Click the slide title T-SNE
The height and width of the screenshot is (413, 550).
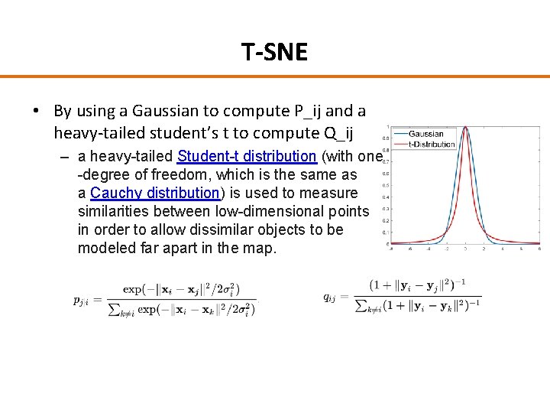click(x=274, y=52)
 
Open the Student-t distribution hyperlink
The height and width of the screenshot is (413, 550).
click(x=246, y=157)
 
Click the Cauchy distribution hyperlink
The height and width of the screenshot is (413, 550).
click(x=155, y=193)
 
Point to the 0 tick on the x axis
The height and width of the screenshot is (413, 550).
click(x=466, y=249)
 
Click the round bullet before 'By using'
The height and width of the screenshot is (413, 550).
click(x=36, y=111)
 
